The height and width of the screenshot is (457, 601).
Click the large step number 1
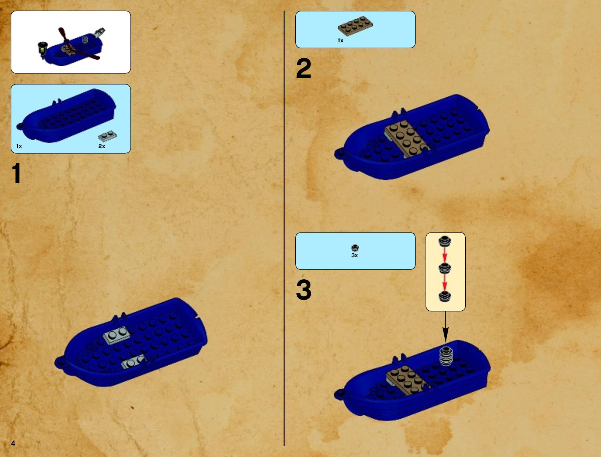[x=17, y=173]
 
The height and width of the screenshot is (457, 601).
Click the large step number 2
[x=304, y=69]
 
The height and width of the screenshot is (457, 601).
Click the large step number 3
[x=304, y=290]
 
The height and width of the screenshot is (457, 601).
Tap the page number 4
[x=13, y=443]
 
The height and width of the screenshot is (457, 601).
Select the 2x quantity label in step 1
[x=102, y=146]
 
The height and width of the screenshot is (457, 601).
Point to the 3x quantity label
[x=355, y=255]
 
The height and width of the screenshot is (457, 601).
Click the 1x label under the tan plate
[x=340, y=41]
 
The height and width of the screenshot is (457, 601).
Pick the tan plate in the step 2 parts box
[x=355, y=26]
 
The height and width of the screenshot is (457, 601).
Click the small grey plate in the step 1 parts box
[x=107, y=136]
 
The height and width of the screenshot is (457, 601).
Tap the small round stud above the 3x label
[x=355, y=248]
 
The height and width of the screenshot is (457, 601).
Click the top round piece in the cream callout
[x=445, y=241]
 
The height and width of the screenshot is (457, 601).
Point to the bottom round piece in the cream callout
[x=445, y=296]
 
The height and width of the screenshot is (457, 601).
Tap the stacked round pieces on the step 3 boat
[x=446, y=356]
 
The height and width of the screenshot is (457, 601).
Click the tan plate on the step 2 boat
[x=407, y=139]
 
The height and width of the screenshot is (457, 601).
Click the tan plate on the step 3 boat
[x=407, y=380]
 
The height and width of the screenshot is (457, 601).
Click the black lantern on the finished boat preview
[x=42, y=49]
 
